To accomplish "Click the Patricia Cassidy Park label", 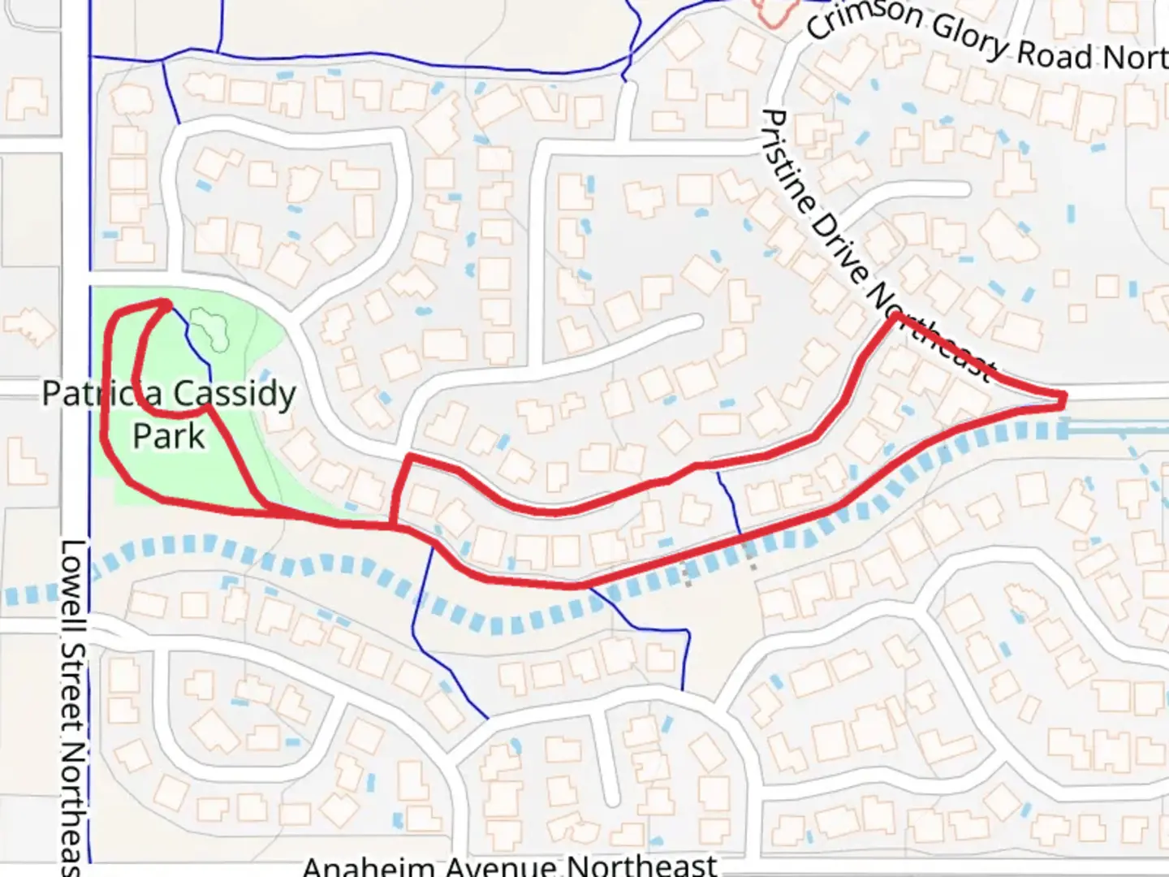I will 169,414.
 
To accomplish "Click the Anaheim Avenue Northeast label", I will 510,865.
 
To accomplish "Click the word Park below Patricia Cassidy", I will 169,436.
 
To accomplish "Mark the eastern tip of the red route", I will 1063,397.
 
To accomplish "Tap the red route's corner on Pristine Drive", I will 894,317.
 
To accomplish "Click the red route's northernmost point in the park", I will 166,303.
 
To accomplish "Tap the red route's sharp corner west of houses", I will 409,459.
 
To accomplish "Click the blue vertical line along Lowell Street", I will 89,203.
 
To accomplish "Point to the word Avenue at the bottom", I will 510,865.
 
